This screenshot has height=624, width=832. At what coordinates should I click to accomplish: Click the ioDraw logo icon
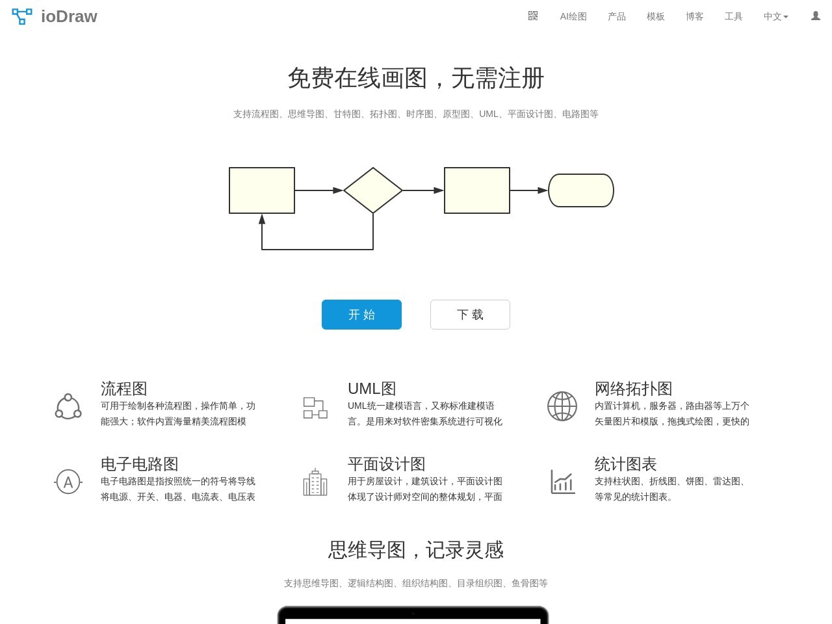pyautogui.click(x=22, y=16)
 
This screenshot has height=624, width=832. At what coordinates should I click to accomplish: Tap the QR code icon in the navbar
pyautogui.click(x=533, y=16)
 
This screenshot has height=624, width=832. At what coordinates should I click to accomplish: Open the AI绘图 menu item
pyautogui.click(x=573, y=16)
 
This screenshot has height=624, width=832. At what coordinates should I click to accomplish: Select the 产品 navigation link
pyautogui.click(x=616, y=16)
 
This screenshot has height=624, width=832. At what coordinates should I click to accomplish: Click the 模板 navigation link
pyautogui.click(x=655, y=16)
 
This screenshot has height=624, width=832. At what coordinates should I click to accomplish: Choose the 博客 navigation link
pyautogui.click(x=694, y=16)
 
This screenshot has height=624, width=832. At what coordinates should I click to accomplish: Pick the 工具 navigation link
pyautogui.click(x=733, y=16)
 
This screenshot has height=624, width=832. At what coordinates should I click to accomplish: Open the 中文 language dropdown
pyautogui.click(x=775, y=16)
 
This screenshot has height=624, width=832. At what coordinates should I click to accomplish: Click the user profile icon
pyautogui.click(x=815, y=16)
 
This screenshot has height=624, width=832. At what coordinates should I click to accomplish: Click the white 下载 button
pyautogui.click(x=470, y=315)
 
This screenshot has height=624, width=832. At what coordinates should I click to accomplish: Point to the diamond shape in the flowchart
pyautogui.click(x=373, y=190)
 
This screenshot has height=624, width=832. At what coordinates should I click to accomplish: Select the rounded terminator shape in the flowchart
pyautogui.click(x=581, y=190)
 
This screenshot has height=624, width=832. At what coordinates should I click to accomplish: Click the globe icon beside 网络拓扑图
pyautogui.click(x=562, y=406)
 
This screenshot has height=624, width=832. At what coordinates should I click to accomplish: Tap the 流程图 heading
pyautogui.click(x=124, y=389)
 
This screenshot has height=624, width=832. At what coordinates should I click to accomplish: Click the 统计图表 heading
pyautogui.click(x=625, y=464)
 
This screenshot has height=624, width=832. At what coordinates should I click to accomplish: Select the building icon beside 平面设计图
pyautogui.click(x=315, y=482)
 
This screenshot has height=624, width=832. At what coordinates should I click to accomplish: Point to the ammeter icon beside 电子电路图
pyautogui.click(x=68, y=482)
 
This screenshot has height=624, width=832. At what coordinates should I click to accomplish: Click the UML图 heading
pyautogui.click(x=372, y=389)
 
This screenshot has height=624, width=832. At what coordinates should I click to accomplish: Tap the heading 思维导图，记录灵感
pyautogui.click(x=416, y=550)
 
